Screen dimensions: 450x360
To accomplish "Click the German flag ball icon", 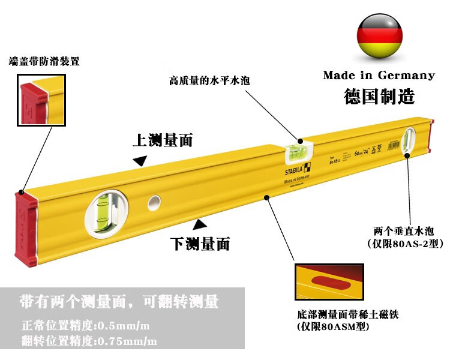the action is pyautogui.click(x=379, y=37).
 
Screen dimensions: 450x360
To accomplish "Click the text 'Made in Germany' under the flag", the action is pyautogui.click(x=379, y=76).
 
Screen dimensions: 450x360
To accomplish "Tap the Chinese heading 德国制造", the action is pyautogui.click(x=379, y=96).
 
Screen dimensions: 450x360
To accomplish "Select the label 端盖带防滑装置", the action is pyautogui.click(x=44, y=62).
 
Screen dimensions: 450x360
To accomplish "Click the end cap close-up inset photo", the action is pyautogui.click(x=41, y=100).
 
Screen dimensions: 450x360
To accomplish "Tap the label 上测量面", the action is pyautogui.click(x=163, y=140).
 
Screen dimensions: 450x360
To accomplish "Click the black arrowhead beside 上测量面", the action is pyautogui.click(x=140, y=160).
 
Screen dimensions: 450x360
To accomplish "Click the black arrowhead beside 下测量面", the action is pyautogui.click(x=200, y=224).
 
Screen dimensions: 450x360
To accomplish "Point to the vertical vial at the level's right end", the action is pyautogui.click(x=410, y=140).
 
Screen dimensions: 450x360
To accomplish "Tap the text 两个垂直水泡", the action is pyautogui.click(x=403, y=230).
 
